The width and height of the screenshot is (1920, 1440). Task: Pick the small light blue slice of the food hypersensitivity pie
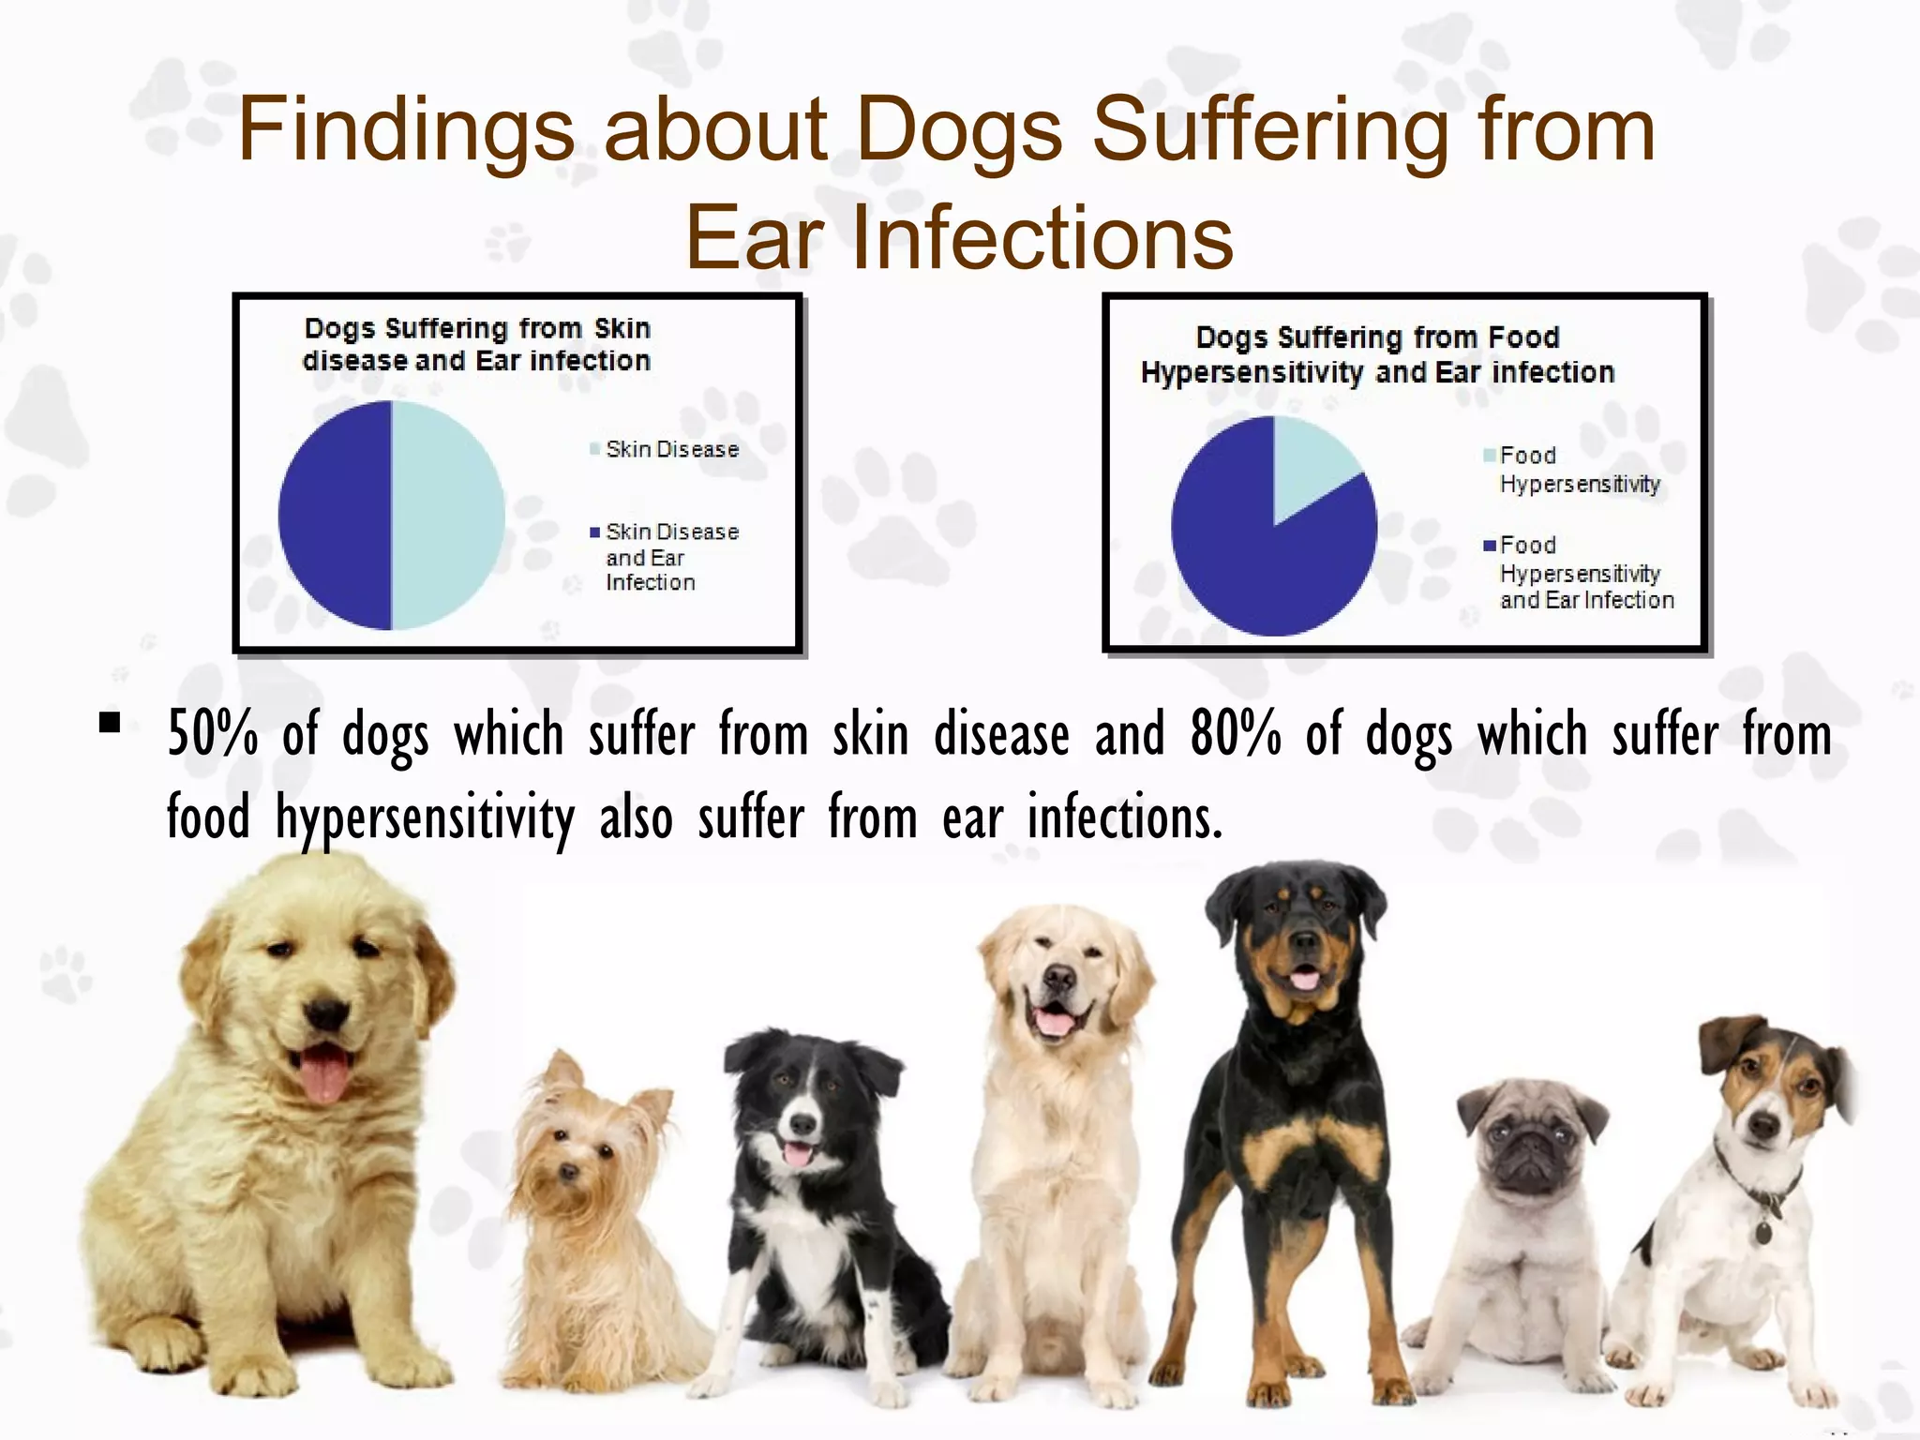point(1308,464)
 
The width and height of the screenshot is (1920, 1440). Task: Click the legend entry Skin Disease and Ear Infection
point(670,557)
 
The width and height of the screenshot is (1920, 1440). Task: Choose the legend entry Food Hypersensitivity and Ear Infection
point(1584,572)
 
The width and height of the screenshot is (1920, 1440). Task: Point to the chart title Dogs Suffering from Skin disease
point(476,344)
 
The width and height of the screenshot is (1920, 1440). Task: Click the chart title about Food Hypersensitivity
point(1376,354)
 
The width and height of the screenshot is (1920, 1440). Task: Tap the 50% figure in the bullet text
point(212,734)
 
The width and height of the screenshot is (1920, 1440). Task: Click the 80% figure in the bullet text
point(1236,734)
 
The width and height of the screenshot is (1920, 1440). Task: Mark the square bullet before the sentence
point(110,723)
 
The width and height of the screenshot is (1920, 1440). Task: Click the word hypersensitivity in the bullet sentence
point(425,818)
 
